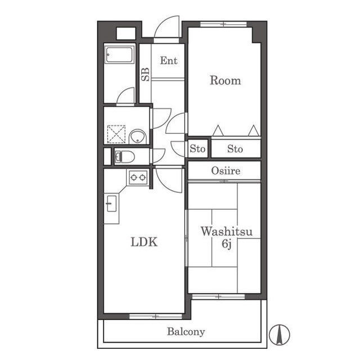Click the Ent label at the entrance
point(169,61)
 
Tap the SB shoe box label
point(145,74)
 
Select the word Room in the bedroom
point(225,80)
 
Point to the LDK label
point(144,242)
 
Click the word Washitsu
point(227,231)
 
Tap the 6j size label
point(226,244)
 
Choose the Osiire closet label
point(226,171)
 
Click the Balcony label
point(186,332)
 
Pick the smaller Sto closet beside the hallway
point(197,148)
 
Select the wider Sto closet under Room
point(236,148)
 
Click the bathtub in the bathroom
point(119,55)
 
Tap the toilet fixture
point(125,157)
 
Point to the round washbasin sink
point(137,137)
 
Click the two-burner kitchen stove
point(138,177)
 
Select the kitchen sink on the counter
point(112,204)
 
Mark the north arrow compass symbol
point(280,335)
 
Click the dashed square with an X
point(116,134)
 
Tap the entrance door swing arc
point(166,26)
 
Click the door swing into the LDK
point(169,180)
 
